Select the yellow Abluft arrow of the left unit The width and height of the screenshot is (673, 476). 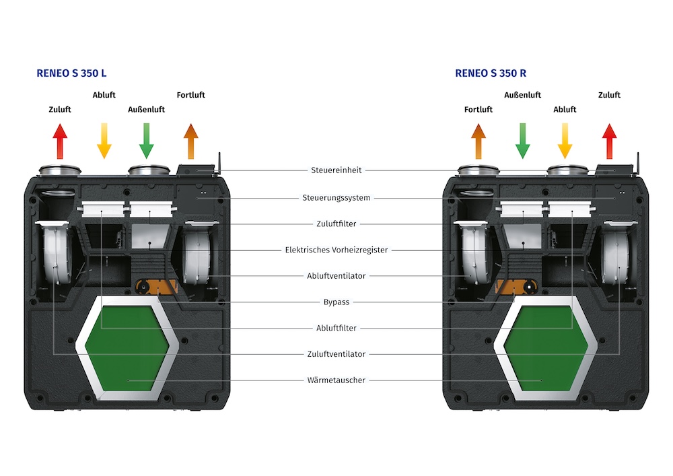pyautogui.click(x=104, y=141)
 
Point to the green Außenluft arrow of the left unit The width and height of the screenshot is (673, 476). pyautogui.click(x=147, y=141)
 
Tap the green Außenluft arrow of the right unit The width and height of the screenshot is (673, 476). pyautogui.click(x=522, y=141)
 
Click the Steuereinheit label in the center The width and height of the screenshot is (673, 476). pyautogui.click(x=336, y=170)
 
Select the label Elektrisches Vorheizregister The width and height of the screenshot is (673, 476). pyautogui.click(x=336, y=250)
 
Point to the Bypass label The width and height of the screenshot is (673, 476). pyautogui.click(x=336, y=302)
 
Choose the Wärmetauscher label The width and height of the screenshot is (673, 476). pyautogui.click(x=336, y=380)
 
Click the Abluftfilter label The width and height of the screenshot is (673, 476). pyautogui.click(x=336, y=329)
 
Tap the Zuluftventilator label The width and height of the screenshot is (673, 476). pyautogui.click(x=336, y=354)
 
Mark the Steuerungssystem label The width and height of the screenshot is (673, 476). pyautogui.click(x=336, y=198)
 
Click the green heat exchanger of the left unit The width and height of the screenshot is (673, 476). pyautogui.click(x=129, y=350)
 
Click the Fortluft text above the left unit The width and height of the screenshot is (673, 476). pyautogui.click(x=190, y=95)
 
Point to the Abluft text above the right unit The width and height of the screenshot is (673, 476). pyautogui.click(x=565, y=109)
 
